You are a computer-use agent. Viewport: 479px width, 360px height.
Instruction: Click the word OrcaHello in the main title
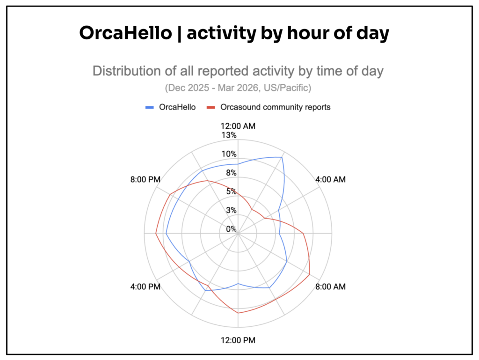click(125, 33)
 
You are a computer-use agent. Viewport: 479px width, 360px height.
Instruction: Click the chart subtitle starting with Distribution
click(238, 71)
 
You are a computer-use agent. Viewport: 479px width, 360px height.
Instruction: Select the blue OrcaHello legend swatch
click(149, 107)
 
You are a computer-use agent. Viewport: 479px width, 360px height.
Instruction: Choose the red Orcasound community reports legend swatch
click(211, 107)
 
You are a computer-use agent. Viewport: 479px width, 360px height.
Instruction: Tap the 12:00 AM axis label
click(238, 126)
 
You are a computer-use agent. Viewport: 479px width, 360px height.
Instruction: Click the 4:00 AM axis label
click(331, 179)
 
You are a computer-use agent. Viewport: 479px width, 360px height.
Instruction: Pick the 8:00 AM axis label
click(331, 287)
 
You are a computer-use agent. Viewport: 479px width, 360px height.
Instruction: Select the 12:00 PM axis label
click(238, 340)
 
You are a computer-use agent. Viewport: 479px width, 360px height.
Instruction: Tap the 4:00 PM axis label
click(145, 287)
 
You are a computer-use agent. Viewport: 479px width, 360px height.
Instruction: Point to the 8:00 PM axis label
click(145, 179)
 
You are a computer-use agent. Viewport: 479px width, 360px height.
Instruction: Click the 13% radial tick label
click(229, 135)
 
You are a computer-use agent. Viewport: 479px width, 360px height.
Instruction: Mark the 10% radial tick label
click(229, 154)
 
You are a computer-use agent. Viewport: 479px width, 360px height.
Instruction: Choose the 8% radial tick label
click(231, 173)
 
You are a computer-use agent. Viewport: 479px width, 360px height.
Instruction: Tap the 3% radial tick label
click(231, 210)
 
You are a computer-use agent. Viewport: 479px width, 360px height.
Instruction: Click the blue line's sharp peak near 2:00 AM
click(282, 157)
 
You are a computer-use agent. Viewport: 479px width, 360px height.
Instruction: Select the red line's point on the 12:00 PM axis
click(238, 313)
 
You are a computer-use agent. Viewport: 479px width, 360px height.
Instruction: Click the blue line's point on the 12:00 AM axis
click(238, 164)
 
